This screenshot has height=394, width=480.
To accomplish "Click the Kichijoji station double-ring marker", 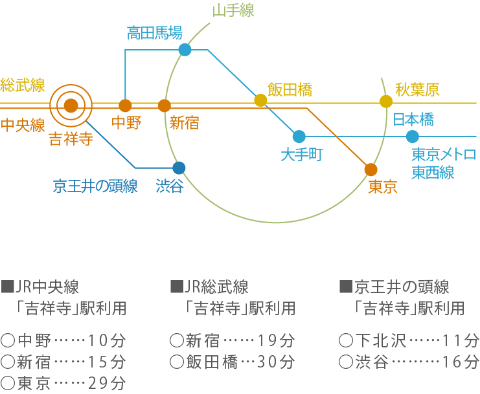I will click(x=71, y=105).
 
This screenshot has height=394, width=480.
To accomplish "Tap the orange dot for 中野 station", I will click(x=126, y=105).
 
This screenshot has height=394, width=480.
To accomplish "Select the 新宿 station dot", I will click(x=165, y=105).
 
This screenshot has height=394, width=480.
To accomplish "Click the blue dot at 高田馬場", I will click(x=185, y=50).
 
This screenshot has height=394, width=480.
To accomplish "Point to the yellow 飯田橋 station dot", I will click(x=260, y=100).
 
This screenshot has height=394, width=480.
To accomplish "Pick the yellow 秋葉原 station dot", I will click(x=386, y=101).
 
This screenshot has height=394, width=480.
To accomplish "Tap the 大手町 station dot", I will click(x=299, y=137).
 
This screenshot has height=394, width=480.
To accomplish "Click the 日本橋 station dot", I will click(x=413, y=137).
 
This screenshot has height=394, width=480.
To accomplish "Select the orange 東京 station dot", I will click(x=371, y=170).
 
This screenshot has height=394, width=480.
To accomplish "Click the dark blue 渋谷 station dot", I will click(x=179, y=168).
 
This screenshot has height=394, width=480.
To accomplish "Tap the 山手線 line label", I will click(x=233, y=10).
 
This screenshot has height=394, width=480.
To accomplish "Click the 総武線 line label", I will click(x=23, y=84).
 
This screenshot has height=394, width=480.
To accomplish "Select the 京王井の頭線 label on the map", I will click(x=95, y=187).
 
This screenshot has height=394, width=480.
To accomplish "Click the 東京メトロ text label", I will click(x=444, y=155).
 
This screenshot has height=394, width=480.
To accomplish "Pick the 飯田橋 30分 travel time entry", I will click(x=232, y=361).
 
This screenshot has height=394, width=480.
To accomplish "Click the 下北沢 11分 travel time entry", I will click(x=409, y=340).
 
